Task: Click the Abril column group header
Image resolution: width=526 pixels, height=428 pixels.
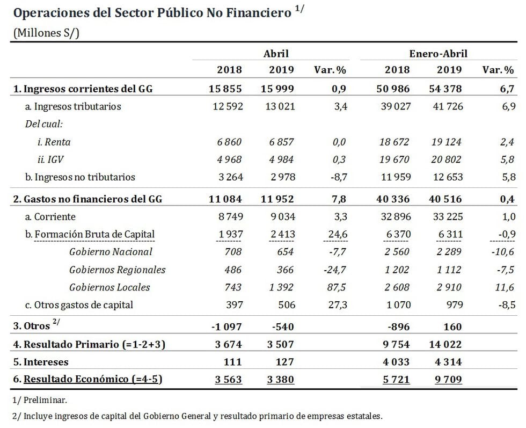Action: (x=276, y=53)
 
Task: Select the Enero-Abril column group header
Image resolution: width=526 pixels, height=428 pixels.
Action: (x=439, y=53)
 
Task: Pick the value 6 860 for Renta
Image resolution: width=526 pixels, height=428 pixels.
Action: (x=230, y=142)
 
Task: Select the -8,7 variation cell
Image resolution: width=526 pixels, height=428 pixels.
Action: (x=338, y=177)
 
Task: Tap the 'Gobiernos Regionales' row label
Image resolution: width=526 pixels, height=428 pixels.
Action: (x=117, y=270)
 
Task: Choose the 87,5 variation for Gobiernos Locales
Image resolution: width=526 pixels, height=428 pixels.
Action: (x=338, y=287)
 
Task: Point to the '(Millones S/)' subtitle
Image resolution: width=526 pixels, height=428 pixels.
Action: (x=46, y=33)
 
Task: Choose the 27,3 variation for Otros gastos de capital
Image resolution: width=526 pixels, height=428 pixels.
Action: (x=338, y=305)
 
